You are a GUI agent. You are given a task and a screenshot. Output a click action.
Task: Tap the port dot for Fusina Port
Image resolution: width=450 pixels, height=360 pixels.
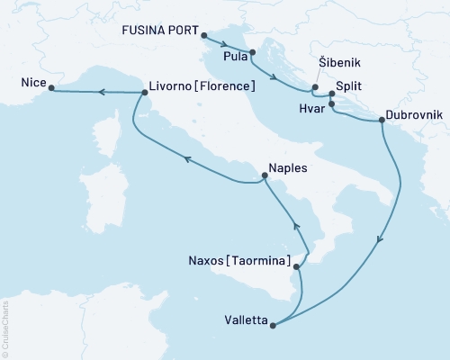pos(202,36)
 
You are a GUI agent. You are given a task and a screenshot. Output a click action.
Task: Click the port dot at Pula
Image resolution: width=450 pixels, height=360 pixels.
pos(253,53)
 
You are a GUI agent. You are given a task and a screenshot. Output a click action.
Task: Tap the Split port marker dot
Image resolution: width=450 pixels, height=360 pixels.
pos(332,93)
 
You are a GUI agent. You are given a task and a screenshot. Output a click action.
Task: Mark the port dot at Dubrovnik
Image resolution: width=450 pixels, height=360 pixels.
pos(382,120)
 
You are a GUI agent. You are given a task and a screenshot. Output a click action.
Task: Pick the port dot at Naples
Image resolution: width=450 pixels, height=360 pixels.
pos(264,181)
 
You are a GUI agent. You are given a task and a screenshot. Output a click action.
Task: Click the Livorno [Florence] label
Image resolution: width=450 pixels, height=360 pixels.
pos(202,87)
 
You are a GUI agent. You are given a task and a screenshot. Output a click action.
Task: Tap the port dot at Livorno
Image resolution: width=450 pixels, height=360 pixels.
pos(144,91)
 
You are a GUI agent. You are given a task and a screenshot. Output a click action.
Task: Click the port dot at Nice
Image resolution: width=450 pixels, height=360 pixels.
pos(50,88)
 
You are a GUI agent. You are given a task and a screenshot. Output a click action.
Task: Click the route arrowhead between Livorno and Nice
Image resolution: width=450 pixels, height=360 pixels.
pos(102,91)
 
